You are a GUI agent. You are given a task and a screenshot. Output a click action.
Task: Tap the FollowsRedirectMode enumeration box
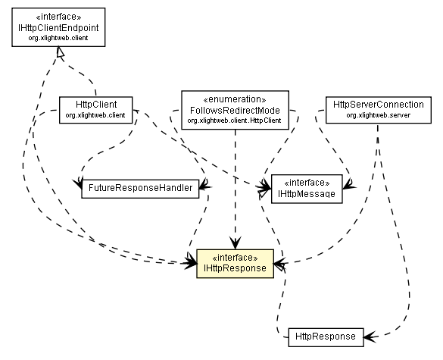coord(236,109)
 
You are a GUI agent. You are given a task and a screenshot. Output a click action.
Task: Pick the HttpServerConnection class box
coord(373,108)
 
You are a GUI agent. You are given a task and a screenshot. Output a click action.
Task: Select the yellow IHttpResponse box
coord(234,262)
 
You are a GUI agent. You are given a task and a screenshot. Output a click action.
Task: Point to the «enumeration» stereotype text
coord(236,99)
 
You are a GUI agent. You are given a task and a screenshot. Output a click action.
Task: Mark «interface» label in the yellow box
coord(234,256)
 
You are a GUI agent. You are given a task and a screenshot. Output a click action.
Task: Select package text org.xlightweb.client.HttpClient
coord(236,120)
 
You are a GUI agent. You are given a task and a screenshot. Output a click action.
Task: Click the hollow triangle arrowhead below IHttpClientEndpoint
coord(59,52)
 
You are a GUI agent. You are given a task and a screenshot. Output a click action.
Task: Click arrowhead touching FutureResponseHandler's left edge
coord(78,184)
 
